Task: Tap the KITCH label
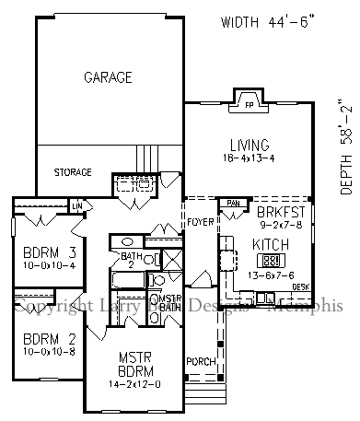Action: pos(271,244)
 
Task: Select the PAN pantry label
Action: pos(234,203)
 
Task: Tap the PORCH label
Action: pos(199,359)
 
